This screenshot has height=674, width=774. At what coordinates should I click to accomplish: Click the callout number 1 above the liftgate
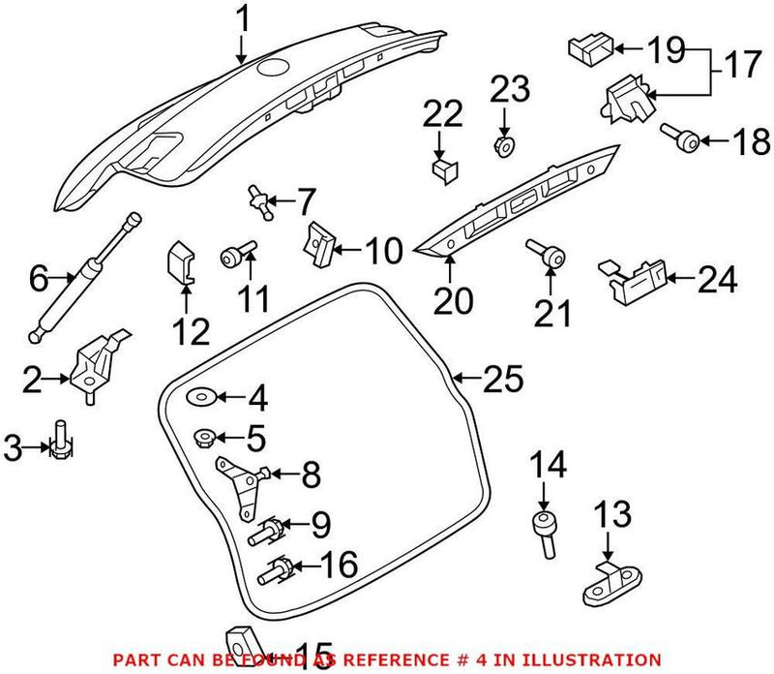(243, 18)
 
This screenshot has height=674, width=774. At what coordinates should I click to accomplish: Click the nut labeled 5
(205, 438)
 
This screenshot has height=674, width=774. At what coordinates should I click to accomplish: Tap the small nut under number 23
(504, 146)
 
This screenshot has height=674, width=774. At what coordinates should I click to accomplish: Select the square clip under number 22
(443, 172)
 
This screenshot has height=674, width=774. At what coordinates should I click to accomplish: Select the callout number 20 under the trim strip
(454, 301)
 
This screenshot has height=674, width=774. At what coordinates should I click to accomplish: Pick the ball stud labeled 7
(258, 199)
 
